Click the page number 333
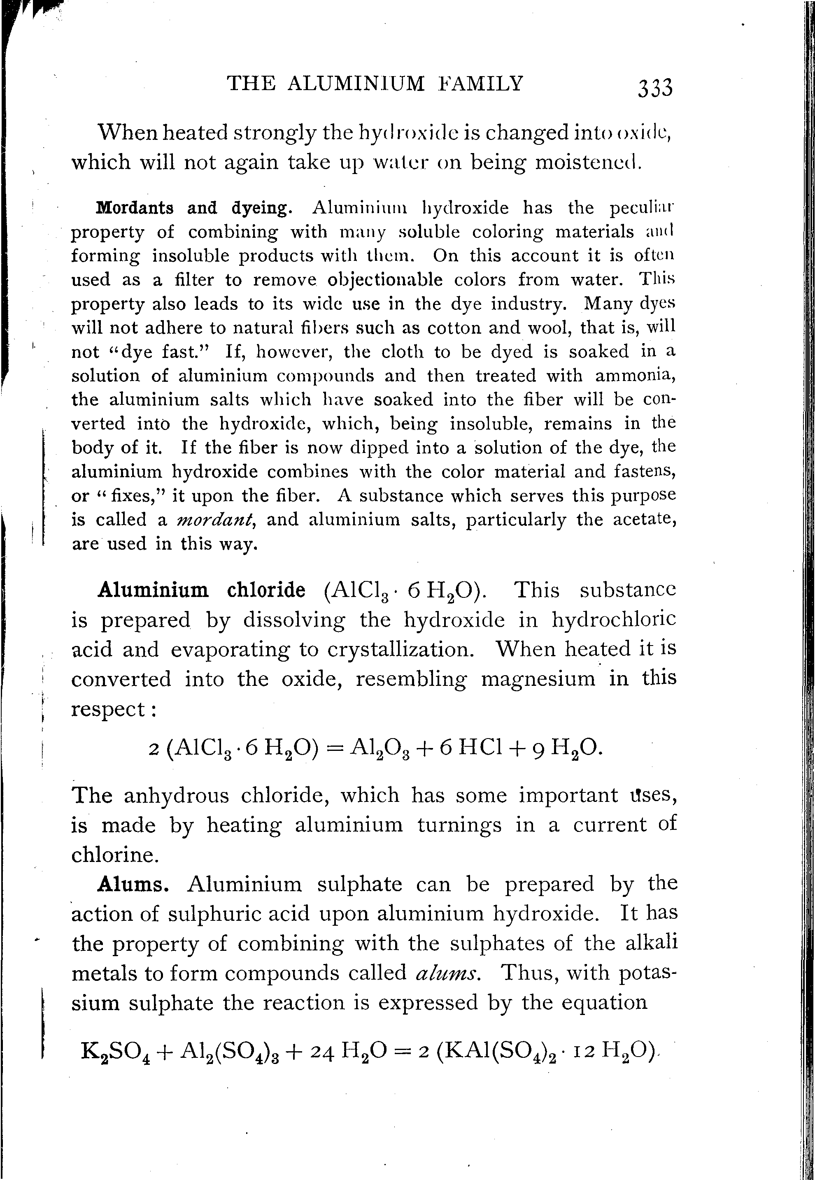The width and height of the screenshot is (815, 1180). pos(655,87)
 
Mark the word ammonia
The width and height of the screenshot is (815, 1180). pos(635,375)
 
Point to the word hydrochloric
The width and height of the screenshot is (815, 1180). pos(614,620)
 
